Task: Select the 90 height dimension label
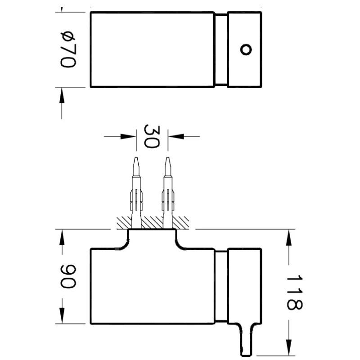click(x=68, y=276)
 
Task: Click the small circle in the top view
click(x=245, y=49)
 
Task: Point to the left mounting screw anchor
click(x=136, y=193)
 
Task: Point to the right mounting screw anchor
click(x=167, y=193)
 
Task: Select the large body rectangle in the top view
click(x=152, y=49)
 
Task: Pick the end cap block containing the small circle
click(x=244, y=49)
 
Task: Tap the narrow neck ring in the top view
click(x=220, y=49)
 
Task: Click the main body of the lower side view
click(x=152, y=288)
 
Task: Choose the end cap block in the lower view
click(x=244, y=286)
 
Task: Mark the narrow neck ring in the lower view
click(x=220, y=286)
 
